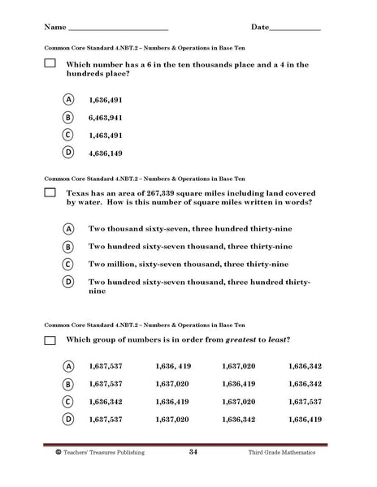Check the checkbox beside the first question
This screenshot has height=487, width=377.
[x=49, y=63]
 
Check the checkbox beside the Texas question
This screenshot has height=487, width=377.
[x=49, y=192]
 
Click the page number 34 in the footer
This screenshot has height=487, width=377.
[x=193, y=451]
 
